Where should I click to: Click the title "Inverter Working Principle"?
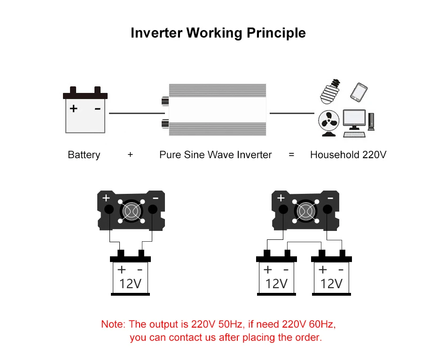coord(218,33)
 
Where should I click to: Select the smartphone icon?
coord(359,92)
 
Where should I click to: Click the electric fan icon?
coord(329,123)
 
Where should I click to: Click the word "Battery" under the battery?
coord(84,155)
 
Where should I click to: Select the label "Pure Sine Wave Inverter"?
coord(215,155)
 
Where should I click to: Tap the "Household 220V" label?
coord(348,155)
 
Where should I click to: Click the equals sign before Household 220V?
coord(291,155)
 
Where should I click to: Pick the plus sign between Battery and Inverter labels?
coord(130,155)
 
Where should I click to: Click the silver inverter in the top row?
coord(218,110)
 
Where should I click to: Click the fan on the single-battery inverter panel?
coord(130,210)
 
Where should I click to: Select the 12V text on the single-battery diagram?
coord(130,283)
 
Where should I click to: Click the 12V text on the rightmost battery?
coord(331,283)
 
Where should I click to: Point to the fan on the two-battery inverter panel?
coord(305,210)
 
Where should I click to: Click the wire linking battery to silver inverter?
coord(136,113)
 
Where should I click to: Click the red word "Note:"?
coord(113,324)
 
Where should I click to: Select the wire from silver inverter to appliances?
coord(291,113)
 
